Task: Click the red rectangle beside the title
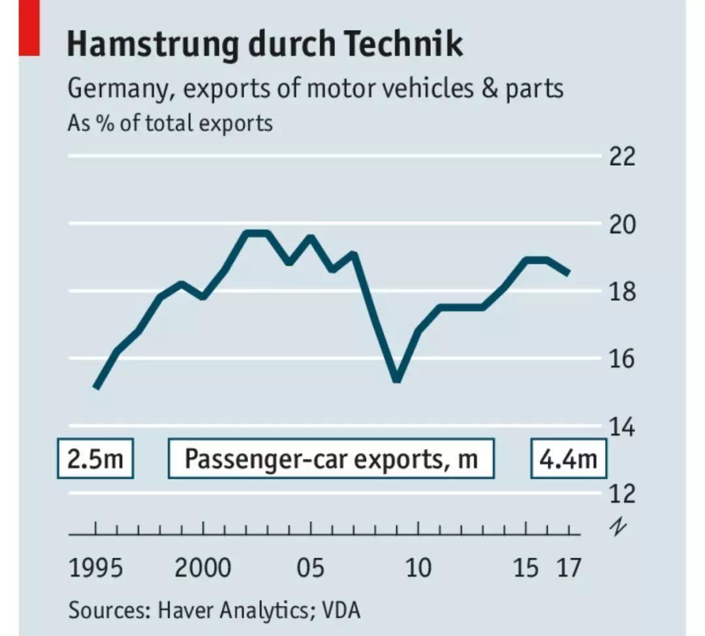pyautogui.click(x=29, y=27)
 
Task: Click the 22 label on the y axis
pyautogui.click(x=622, y=157)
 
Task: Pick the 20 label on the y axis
pyautogui.click(x=622, y=224)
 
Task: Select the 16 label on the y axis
pyautogui.click(x=622, y=359)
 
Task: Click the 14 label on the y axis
pyautogui.click(x=622, y=427)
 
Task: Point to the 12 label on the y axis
pyautogui.click(x=622, y=493)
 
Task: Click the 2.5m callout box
pyautogui.click(x=95, y=459)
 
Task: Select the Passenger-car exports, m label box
pyautogui.click(x=331, y=459)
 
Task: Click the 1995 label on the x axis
pyautogui.click(x=95, y=568)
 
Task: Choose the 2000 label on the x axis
pyautogui.click(x=202, y=568)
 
